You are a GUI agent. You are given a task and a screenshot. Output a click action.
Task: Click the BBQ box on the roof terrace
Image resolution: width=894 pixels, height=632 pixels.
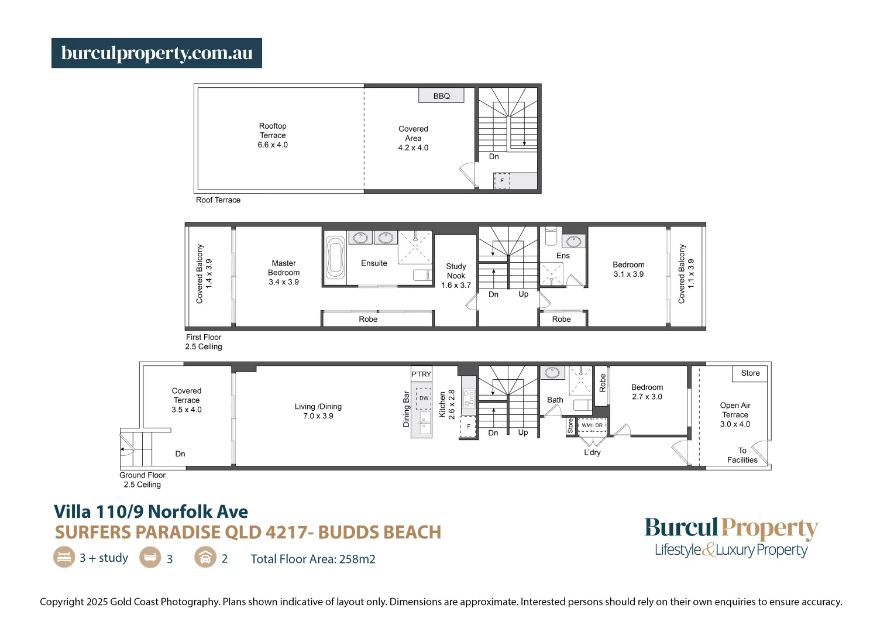pyautogui.click(x=442, y=96)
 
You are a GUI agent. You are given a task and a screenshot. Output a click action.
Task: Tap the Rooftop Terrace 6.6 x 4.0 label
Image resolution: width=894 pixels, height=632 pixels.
pyautogui.click(x=273, y=135)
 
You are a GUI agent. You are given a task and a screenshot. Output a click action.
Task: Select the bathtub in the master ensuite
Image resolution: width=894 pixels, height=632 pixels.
pyautogui.click(x=335, y=257)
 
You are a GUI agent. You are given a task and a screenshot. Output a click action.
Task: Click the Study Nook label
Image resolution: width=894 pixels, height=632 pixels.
pyautogui.click(x=456, y=271)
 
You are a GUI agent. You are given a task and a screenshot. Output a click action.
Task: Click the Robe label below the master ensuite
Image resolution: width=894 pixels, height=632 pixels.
pyautogui.click(x=368, y=319)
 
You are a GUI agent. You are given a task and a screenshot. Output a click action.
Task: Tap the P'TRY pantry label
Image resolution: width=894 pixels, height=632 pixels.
pyautogui.click(x=421, y=374)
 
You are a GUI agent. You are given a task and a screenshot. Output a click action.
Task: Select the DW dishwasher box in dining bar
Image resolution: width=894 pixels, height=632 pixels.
pyautogui.click(x=424, y=398)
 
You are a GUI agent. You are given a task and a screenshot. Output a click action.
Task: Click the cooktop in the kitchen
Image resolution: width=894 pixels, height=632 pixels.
pyautogui.click(x=469, y=399)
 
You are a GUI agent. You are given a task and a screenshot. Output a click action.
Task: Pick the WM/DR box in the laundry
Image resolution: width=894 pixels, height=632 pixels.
pyautogui.click(x=592, y=425)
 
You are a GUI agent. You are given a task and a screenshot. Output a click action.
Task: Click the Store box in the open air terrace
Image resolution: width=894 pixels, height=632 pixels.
pyautogui.click(x=750, y=373)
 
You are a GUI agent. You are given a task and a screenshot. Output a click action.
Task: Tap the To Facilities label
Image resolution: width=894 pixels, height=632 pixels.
pyautogui.click(x=742, y=455)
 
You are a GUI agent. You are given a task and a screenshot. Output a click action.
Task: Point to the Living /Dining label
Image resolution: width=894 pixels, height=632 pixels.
pyautogui.click(x=318, y=411)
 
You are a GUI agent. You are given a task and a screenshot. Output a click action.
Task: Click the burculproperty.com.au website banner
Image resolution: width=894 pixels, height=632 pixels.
pyautogui.click(x=157, y=53)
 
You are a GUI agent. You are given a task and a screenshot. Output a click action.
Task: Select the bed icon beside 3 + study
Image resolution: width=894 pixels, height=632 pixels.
pyautogui.click(x=64, y=557)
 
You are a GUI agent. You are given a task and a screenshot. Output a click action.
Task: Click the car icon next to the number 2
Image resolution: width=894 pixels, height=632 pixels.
pyautogui.click(x=205, y=557)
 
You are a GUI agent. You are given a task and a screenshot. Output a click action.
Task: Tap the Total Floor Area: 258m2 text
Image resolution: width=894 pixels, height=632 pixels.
pyautogui.click(x=313, y=559)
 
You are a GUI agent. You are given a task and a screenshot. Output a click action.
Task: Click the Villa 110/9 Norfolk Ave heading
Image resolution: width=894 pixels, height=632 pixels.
pyautogui.click(x=151, y=512)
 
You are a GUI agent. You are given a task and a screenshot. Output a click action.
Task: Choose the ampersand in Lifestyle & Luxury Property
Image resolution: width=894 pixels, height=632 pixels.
pyautogui.click(x=708, y=550)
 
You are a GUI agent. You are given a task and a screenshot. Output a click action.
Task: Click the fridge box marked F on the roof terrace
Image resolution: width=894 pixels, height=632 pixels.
pyautogui.click(x=502, y=181)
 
